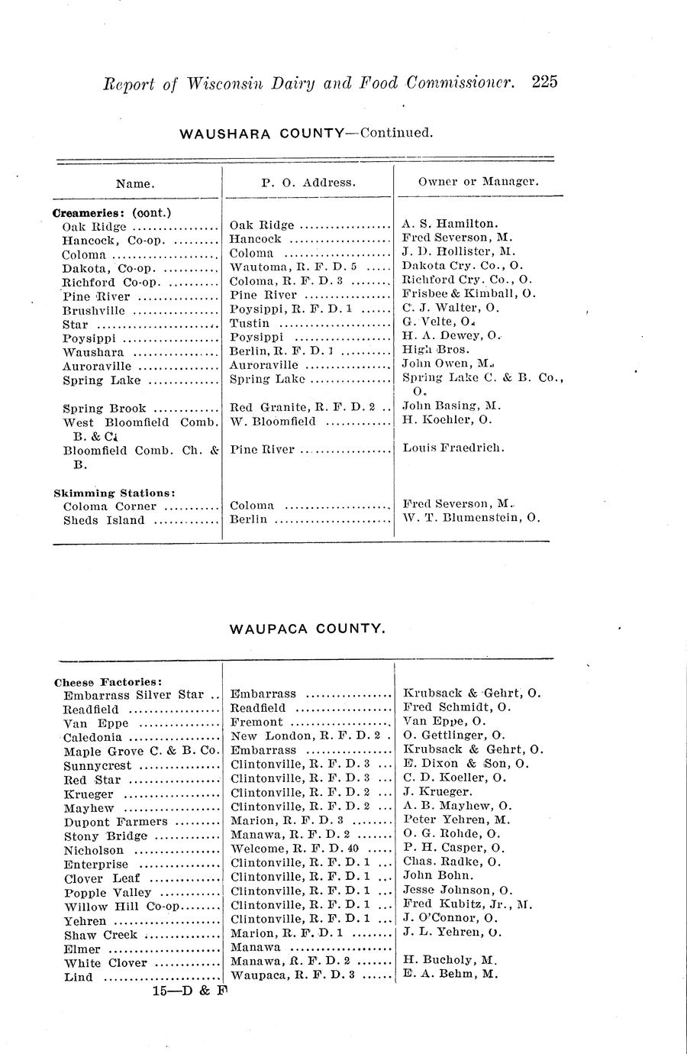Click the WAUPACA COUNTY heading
[307, 629]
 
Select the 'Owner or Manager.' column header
[479, 182]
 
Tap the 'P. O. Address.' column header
[308, 183]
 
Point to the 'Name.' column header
[135, 183]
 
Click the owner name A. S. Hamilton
[450, 224]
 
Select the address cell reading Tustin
[250, 323]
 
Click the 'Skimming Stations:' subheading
[114, 493]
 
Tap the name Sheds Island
[104, 520]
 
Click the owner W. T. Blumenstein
[471, 518]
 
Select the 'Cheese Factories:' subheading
[108, 681]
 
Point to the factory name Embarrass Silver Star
[134, 695]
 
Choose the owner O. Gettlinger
[453, 736]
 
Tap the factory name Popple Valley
[108, 892]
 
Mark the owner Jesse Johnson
[457, 890]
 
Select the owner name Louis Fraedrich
[453, 448]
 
